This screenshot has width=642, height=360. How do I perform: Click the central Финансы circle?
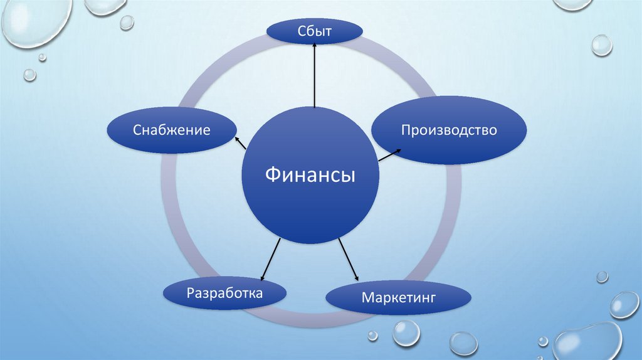310,201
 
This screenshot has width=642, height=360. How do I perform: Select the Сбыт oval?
315,31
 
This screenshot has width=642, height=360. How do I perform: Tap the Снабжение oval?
171,130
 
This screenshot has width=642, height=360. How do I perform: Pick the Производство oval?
449,130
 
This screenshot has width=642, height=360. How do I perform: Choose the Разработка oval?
224,292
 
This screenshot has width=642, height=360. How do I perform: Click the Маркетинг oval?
397,297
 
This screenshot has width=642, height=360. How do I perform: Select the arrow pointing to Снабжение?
241,142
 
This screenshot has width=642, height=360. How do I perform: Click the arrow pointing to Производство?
390,154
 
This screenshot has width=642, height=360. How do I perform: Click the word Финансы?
310,174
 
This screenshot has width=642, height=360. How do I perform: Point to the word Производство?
449,130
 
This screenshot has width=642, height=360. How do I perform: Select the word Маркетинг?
397,297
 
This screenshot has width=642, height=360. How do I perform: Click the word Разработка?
224,292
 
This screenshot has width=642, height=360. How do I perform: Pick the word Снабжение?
171,130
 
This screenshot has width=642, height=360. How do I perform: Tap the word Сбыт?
315,31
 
